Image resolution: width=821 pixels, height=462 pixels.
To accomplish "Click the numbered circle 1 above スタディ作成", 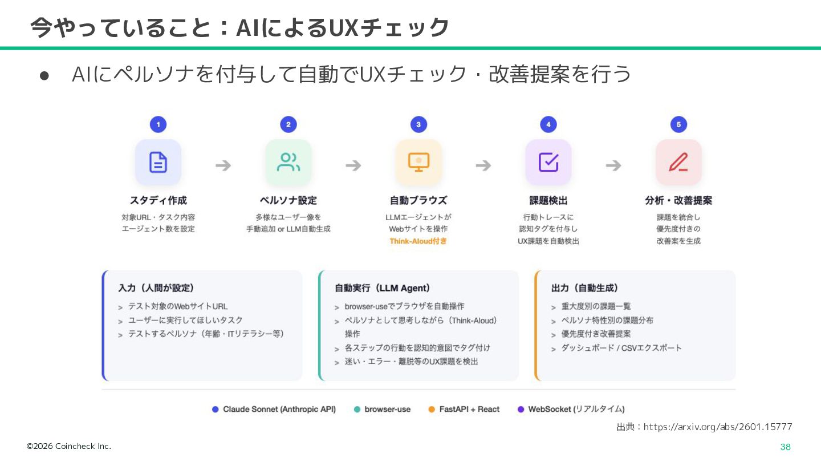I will tap(158, 124).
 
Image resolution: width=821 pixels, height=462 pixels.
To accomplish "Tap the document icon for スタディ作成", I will tap(158, 163).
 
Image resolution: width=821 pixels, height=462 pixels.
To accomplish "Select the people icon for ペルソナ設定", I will tap(288, 163).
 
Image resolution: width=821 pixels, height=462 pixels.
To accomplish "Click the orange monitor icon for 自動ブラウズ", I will tap(418, 163).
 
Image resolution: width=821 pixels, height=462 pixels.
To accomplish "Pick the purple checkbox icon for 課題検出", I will tap(548, 163).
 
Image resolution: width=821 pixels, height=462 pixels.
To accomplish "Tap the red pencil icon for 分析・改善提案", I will tap(678, 163).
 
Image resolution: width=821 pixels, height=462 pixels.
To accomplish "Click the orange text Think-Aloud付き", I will tap(418, 241).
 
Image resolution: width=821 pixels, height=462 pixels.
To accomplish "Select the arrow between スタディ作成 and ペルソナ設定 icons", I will tap(223, 165).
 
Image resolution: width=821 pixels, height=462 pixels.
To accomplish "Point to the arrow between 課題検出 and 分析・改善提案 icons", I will tap(613, 165).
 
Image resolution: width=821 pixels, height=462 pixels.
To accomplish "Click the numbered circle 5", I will tap(678, 124).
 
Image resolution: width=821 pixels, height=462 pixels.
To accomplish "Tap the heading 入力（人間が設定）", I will tap(156, 288).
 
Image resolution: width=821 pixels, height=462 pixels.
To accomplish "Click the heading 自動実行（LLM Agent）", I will tap(383, 288).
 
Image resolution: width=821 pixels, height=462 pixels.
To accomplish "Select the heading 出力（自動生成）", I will tap(584, 288).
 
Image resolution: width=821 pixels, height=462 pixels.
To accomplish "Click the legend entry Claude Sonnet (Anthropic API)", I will tap(279, 409).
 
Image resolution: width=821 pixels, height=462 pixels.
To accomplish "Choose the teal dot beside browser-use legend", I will tap(357, 410).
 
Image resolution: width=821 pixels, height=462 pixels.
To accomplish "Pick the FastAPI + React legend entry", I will tap(469, 409).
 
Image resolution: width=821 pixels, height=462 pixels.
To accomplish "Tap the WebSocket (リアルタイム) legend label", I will tap(576, 409).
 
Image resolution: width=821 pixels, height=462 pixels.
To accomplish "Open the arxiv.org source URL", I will tap(718, 427).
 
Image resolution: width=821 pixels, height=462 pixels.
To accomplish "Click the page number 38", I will tap(785, 447).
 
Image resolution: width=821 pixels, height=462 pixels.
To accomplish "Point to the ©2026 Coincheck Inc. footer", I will tap(68, 446).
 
